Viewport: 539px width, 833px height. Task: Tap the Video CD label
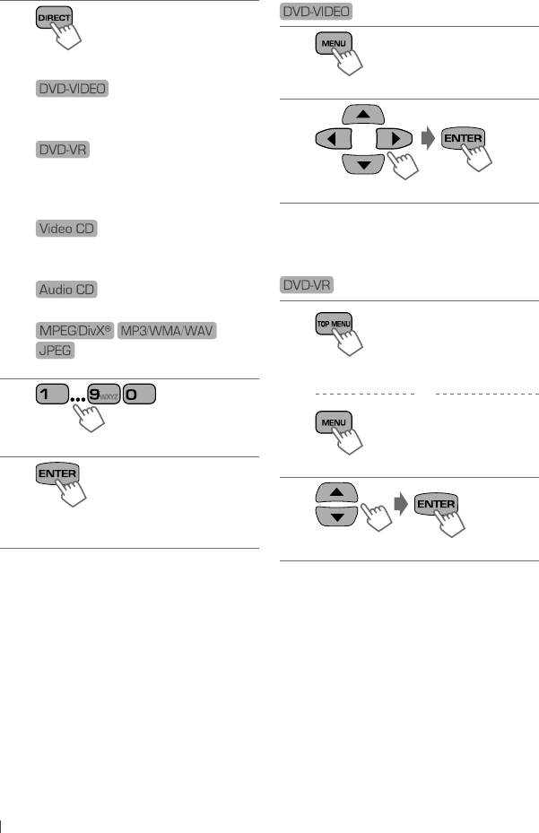coord(67,230)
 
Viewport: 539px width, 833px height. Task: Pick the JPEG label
coord(56,351)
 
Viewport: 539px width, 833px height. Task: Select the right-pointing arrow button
coord(392,139)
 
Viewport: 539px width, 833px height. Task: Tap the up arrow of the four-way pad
coord(362,115)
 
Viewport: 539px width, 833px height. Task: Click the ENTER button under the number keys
coord(57,473)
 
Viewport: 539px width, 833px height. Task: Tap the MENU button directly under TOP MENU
coord(333,420)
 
